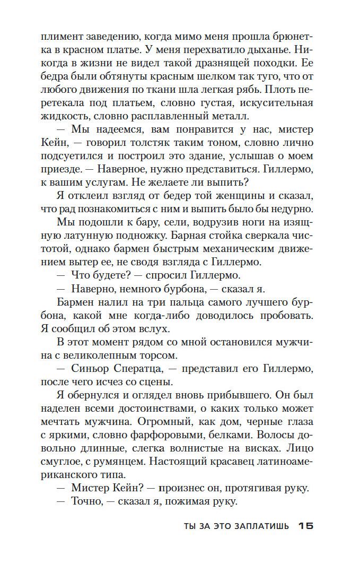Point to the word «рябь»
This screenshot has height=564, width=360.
pyautogui.click(x=249, y=89)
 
